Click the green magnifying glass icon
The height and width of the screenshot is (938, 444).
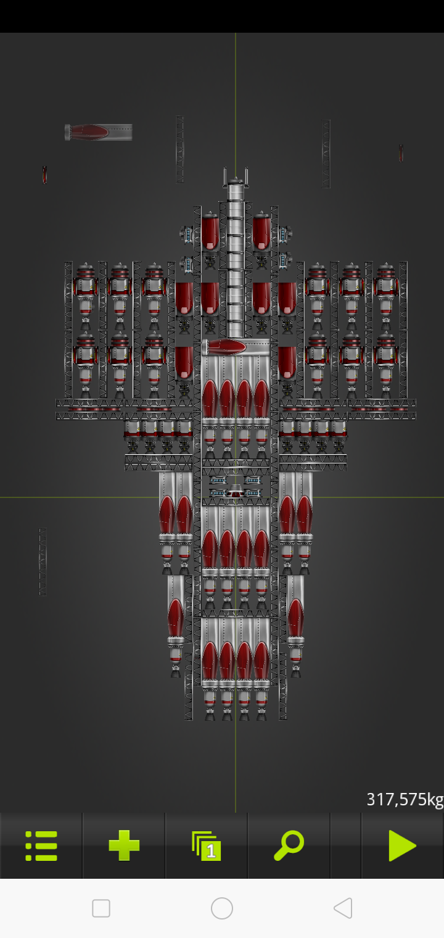pos(289,846)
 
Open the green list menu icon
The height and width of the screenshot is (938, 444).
pos(41,846)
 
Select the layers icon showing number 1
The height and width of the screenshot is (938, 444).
pos(207,846)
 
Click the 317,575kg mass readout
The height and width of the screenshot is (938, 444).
pos(405,799)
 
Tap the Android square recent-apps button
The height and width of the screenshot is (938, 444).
pos(101,908)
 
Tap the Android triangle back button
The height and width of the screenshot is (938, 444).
pos(343,908)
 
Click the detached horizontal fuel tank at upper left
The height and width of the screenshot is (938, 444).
pos(98,132)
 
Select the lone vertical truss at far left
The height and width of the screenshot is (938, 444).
pos(43,562)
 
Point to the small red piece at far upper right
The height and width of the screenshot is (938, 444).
pos(401,153)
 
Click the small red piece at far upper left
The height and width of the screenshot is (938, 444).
pos(44,175)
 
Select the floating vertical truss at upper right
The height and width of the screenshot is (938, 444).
pos(326,154)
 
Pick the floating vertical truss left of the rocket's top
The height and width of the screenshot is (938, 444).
pos(180,149)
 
